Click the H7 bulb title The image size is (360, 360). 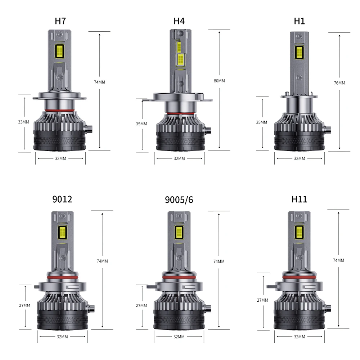60,21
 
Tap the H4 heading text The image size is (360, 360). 179,21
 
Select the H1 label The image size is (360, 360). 300,21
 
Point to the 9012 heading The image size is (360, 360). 62,199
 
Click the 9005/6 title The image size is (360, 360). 179,200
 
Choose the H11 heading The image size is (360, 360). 300,199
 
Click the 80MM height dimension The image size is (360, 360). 219,81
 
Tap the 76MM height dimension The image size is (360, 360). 339,83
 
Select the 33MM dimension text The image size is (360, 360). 24,122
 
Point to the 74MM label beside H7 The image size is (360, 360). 99,82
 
